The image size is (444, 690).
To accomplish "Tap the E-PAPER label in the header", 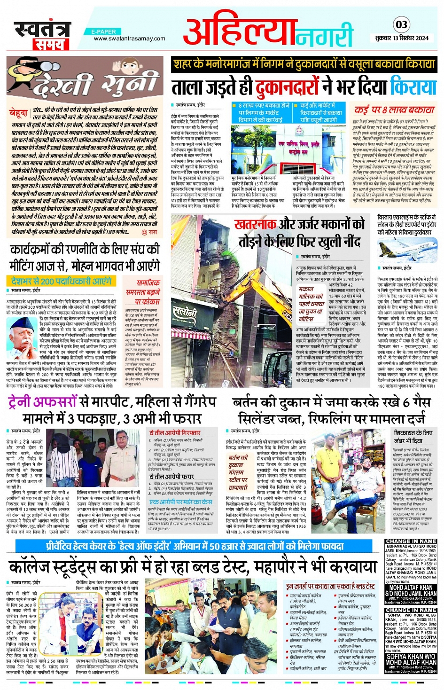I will click(x=104, y=31).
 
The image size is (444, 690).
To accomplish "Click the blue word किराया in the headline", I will click(x=413, y=87).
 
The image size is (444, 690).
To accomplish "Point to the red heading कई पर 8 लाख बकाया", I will click(x=395, y=110).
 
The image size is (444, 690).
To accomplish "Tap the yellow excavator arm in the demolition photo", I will click(x=261, y=291).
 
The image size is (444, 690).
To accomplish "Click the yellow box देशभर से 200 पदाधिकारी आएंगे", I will click(x=62, y=281).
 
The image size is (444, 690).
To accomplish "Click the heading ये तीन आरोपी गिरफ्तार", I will click(x=175, y=432).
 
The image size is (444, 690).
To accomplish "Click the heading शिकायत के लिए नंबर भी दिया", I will click(x=413, y=437).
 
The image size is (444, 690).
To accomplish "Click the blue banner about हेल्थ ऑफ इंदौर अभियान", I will click(x=197, y=546).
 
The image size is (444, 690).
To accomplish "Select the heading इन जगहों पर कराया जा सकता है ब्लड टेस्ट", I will click(x=331, y=586).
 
